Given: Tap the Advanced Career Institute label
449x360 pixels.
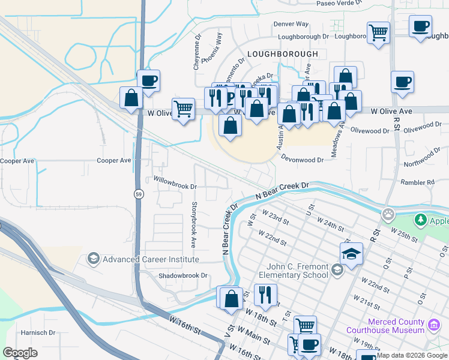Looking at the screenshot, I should [150, 259].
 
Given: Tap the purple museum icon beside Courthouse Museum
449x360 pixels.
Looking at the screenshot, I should [433, 325].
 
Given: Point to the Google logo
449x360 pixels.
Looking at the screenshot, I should [20, 353].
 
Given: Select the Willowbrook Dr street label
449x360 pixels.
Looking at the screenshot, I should [175, 187].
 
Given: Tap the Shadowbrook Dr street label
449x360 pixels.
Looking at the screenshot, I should [182, 275].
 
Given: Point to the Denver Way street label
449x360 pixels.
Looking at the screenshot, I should [291, 24].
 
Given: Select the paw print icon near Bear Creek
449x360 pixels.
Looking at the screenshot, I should [389, 214].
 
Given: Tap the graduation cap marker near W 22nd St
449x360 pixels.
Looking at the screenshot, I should [351, 253].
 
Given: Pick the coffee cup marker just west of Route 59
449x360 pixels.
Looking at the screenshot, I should [148, 81].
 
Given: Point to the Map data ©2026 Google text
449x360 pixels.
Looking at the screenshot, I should [412, 355].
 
